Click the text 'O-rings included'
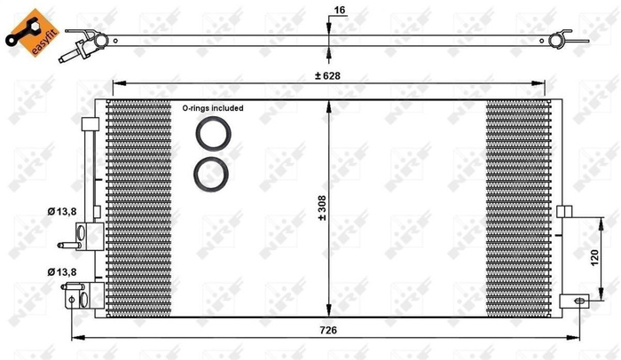pyautogui.click(x=213, y=107)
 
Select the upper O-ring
pyautogui.click(x=214, y=135)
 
